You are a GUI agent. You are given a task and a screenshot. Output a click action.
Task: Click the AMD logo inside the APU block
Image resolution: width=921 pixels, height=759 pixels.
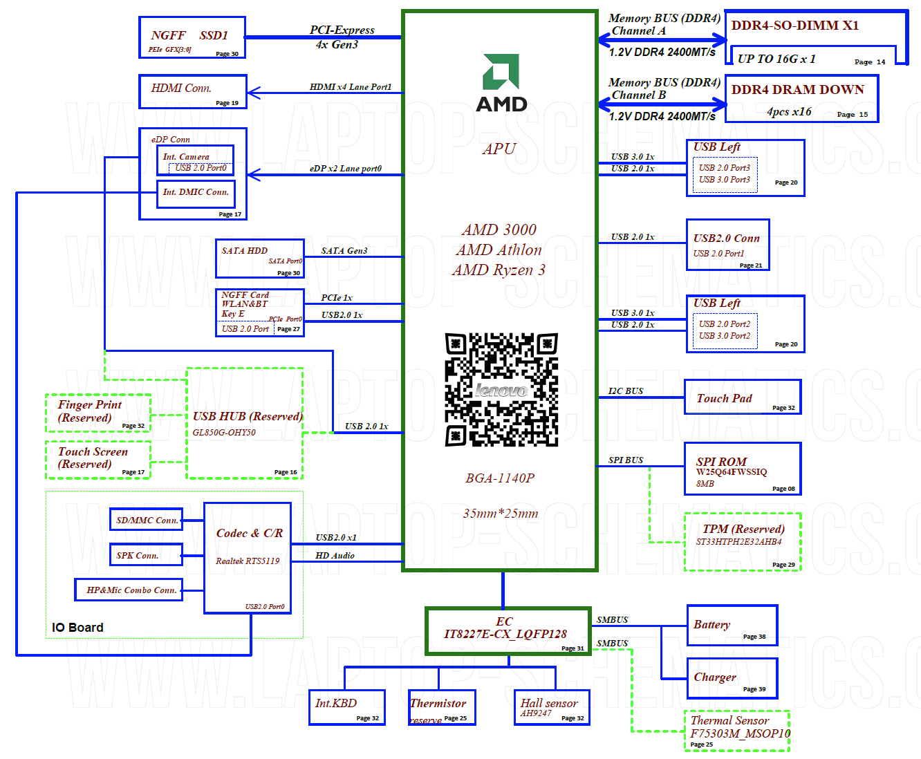501,83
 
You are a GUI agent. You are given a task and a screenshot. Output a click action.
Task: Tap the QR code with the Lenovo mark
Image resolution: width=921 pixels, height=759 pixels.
501,390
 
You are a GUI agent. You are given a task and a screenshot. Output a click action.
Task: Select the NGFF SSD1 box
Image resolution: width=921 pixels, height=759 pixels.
192,37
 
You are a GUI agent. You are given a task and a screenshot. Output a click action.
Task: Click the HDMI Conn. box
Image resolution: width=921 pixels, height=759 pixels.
193,91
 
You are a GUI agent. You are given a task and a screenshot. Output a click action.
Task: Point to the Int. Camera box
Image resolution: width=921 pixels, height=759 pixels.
195,160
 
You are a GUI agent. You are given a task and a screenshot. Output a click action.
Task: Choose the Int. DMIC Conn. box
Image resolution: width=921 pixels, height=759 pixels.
196,194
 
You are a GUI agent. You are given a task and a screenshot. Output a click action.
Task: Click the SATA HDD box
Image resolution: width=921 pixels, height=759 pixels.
260,259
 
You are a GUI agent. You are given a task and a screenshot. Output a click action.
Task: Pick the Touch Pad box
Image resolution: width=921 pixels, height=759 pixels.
743,397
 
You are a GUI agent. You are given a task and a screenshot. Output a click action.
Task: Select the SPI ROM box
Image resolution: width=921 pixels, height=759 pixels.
743,469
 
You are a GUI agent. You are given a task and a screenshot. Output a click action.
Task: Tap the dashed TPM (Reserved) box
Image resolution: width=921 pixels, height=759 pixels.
743,542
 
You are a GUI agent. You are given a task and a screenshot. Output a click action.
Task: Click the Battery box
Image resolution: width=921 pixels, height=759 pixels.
732,626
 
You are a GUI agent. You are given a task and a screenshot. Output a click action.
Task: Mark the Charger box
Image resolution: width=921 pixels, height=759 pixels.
732,678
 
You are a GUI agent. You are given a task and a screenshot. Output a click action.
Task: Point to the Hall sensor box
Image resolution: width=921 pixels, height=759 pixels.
552,707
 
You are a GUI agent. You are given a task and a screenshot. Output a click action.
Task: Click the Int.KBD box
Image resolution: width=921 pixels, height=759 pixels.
346,707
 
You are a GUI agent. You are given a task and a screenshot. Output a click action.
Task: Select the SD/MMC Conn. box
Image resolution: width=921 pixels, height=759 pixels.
146,520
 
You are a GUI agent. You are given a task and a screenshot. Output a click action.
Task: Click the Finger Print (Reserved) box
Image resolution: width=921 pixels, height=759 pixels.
98,413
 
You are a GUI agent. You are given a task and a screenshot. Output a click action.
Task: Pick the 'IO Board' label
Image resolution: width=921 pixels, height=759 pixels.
77,628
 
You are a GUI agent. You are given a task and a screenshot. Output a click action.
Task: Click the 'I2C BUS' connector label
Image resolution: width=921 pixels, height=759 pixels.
626,391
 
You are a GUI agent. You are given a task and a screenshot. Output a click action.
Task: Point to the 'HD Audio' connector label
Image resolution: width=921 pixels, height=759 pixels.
335,556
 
